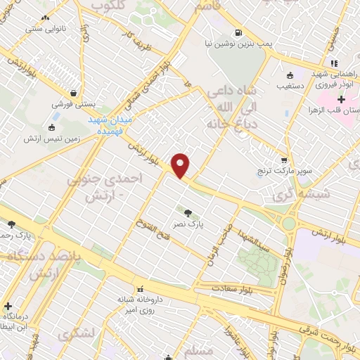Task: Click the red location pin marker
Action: [x=181, y=166]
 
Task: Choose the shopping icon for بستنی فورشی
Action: [x=73, y=91]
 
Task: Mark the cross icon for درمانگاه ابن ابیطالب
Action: [x=8, y=307]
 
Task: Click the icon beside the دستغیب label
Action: [x=288, y=75]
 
